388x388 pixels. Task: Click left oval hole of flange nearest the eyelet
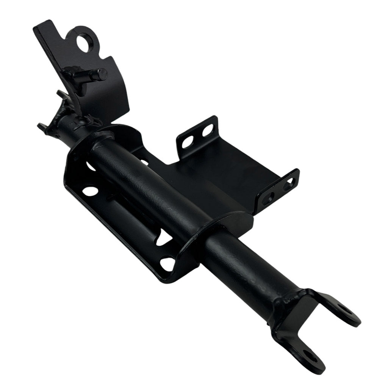click(187, 142)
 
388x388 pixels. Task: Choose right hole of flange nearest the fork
click(289, 185)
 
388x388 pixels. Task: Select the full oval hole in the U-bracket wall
click(90, 189)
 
